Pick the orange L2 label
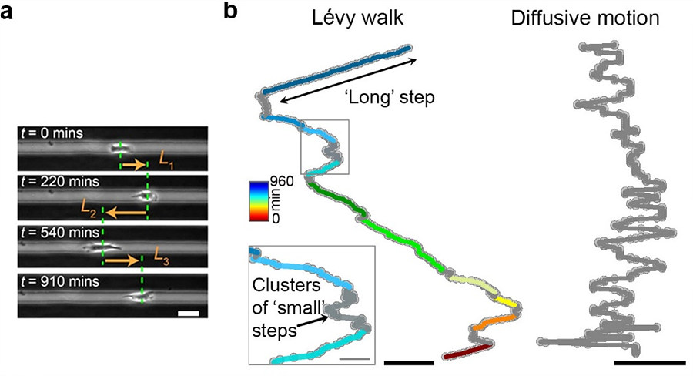(x=89, y=206)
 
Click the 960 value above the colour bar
(x=279, y=186)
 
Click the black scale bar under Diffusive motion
(x=650, y=361)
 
